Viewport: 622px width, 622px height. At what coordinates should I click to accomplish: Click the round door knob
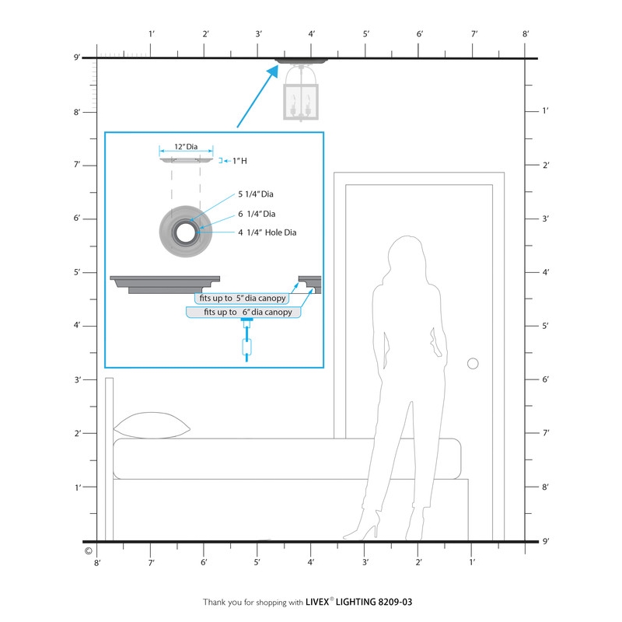(x=473, y=363)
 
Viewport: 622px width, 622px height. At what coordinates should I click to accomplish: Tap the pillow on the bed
(x=152, y=425)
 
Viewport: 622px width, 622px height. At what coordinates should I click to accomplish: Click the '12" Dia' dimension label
(x=186, y=147)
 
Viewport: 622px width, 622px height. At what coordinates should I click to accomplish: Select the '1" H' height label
(x=239, y=161)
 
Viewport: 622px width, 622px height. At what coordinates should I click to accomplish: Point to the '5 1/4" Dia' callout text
(x=256, y=194)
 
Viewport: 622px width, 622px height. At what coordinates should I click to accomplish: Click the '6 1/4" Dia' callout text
(x=257, y=214)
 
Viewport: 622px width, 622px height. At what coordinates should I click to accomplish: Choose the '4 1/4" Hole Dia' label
(x=267, y=232)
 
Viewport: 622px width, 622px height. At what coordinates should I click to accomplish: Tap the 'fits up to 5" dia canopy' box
(x=242, y=299)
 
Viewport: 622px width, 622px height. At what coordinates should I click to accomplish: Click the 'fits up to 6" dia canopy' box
(x=243, y=313)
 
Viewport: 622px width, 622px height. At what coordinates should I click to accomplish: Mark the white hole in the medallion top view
(x=186, y=232)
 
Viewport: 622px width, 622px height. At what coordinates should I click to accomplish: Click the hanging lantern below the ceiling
(x=301, y=93)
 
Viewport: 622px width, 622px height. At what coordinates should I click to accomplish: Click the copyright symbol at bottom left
(x=89, y=551)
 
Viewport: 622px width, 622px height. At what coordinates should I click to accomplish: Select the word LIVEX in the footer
(x=317, y=602)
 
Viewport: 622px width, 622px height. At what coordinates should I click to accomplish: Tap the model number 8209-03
(x=395, y=602)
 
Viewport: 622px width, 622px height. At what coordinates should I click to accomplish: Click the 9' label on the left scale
(x=77, y=58)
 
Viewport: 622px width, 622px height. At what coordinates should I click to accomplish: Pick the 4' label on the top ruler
(x=312, y=34)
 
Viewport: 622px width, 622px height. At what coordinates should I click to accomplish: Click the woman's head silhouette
(x=407, y=256)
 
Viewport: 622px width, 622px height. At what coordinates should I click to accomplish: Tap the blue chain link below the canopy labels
(x=246, y=347)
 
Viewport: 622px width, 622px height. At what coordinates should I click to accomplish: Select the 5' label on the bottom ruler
(x=257, y=562)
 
